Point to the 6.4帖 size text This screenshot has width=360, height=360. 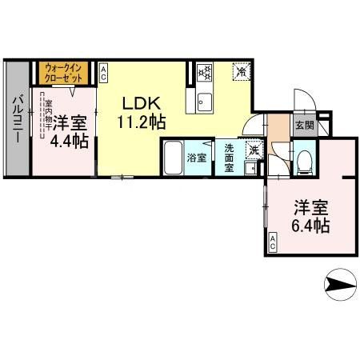309,226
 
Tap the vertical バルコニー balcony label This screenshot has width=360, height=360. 15,120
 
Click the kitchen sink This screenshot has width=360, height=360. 202,102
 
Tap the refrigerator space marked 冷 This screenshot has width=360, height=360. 241,73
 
